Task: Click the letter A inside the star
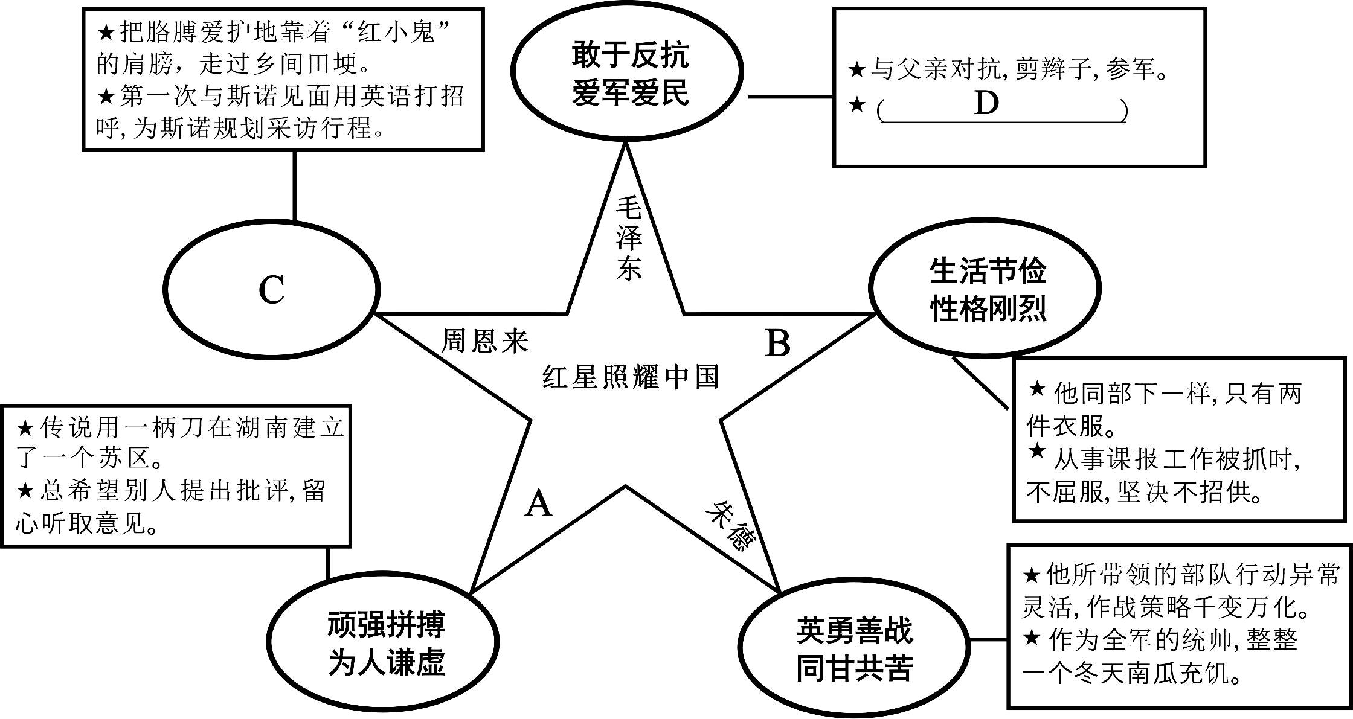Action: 539,504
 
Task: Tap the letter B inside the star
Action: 778,344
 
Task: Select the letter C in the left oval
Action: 271,290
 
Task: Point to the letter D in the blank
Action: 986,104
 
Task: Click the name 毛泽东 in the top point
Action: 628,240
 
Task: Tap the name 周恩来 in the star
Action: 485,341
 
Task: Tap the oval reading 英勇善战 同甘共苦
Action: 854,649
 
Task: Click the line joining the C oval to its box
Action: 295,184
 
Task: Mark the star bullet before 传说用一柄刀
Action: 26,429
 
